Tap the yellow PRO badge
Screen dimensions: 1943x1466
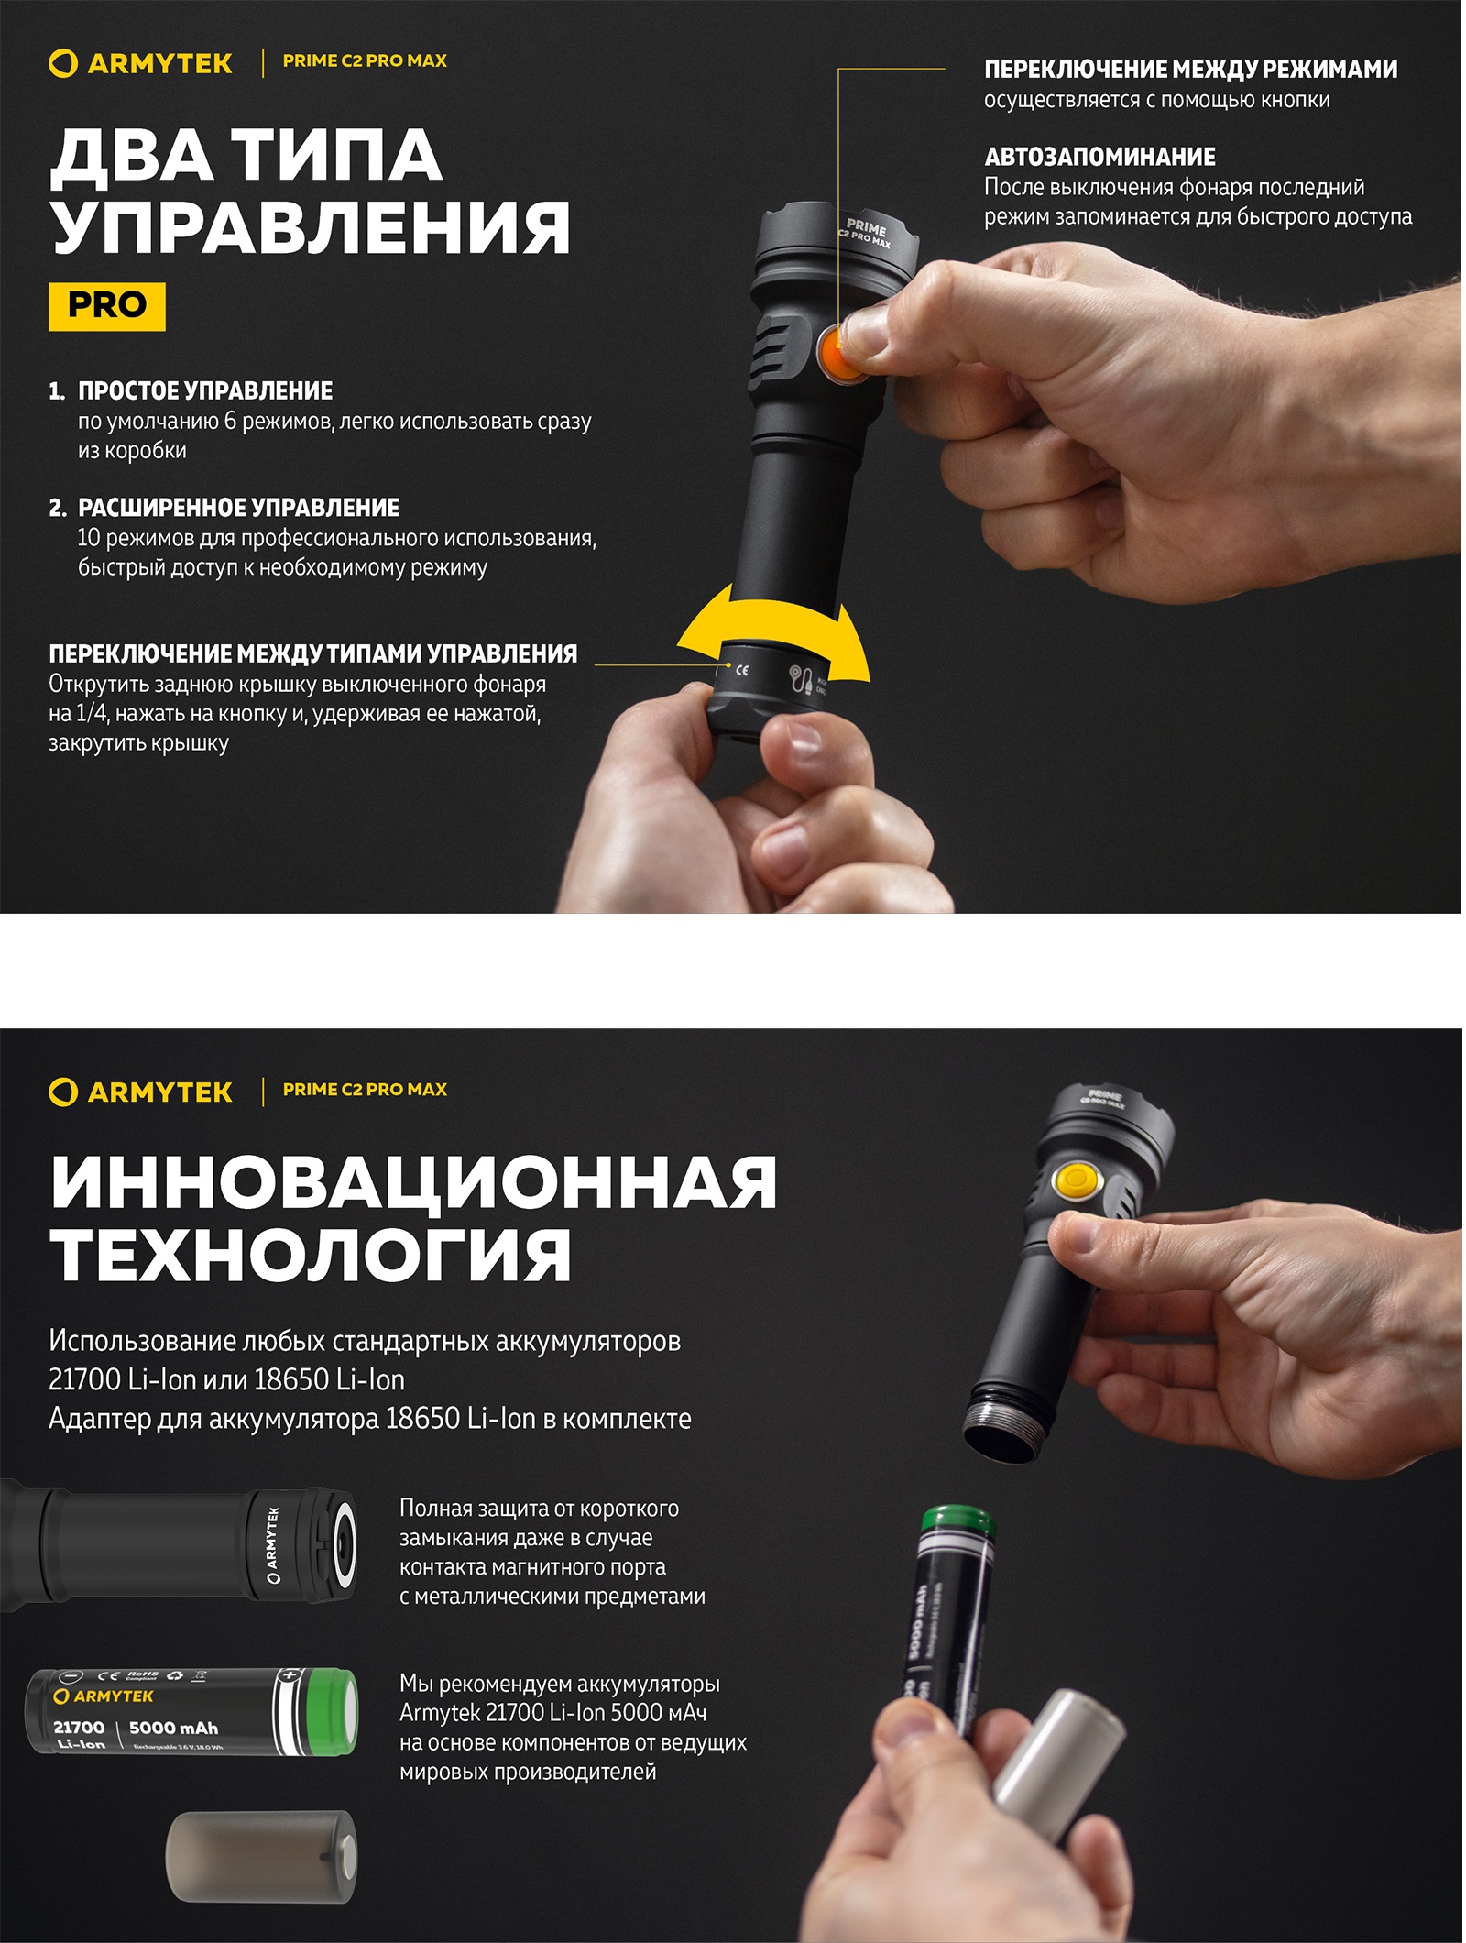107,305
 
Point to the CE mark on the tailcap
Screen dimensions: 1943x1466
742,670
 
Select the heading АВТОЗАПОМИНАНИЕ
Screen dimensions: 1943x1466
1099,157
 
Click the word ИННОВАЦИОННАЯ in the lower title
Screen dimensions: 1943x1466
414,1182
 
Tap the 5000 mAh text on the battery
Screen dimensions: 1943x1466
173,1728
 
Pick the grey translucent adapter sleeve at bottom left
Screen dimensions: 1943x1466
261,1857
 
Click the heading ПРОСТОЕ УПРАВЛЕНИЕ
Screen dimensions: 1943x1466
205,390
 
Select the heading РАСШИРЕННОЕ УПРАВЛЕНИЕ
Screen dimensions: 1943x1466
238,508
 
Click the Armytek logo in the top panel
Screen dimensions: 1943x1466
140,63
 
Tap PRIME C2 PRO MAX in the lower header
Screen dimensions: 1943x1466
365,1090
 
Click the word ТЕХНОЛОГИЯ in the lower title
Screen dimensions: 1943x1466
312,1256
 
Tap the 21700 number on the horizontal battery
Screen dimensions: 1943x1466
79,1727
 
